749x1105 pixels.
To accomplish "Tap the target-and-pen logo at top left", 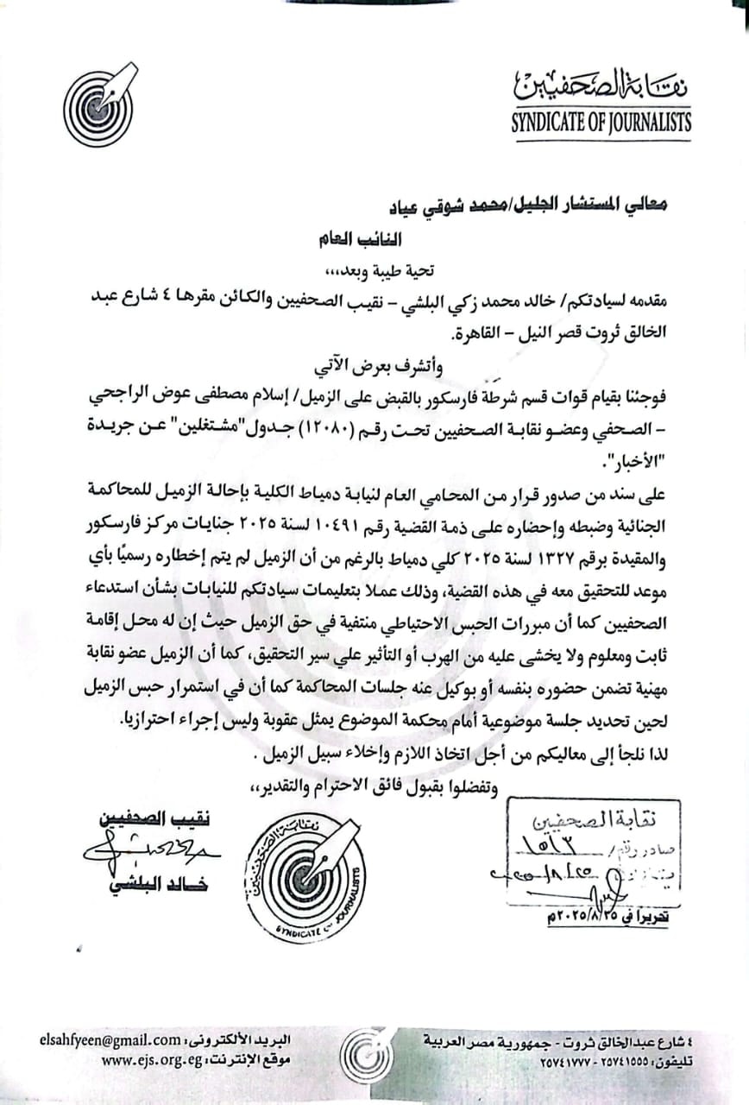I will (98, 104).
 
